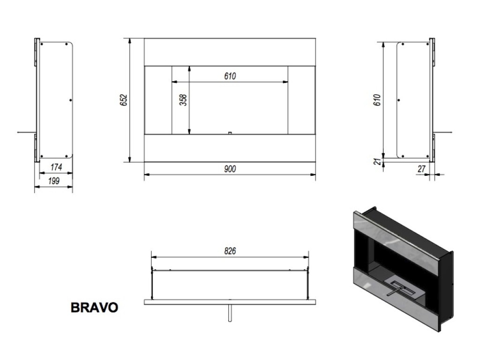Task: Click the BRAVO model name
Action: (x=94, y=307)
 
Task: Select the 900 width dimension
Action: (x=229, y=169)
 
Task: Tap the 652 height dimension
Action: (x=124, y=100)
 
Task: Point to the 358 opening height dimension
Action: (x=183, y=100)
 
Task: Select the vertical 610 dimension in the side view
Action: (x=378, y=100)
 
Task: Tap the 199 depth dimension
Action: (x=54, y=180)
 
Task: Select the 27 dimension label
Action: (x=420, y=169)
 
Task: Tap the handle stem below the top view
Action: (x=229, y=313)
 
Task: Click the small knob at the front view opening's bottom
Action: (x=229, y=133)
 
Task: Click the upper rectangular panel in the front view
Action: (x=229, y=52)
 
